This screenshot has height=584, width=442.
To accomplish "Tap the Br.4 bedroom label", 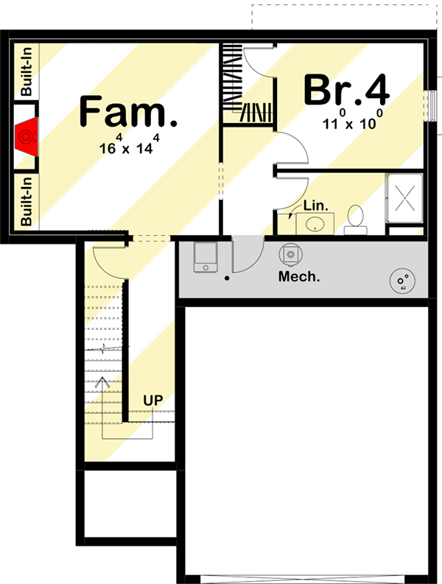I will [x=346, y=91].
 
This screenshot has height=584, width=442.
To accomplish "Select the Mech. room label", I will [x=298, y=277].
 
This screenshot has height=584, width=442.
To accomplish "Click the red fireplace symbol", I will [x=27, y=137].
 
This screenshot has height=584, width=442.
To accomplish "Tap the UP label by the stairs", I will [x=152, y=401].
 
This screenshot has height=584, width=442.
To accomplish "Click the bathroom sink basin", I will [x=315, y=223].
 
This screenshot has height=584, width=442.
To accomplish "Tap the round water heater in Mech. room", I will [x=401, y=281].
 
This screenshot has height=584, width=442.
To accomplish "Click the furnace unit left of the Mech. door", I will [x=204, y=257].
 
